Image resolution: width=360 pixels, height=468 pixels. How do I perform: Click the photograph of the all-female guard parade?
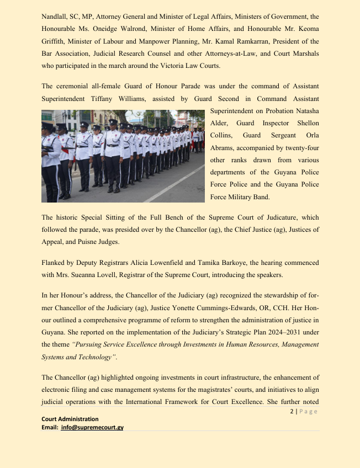[x=124, y=156]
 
